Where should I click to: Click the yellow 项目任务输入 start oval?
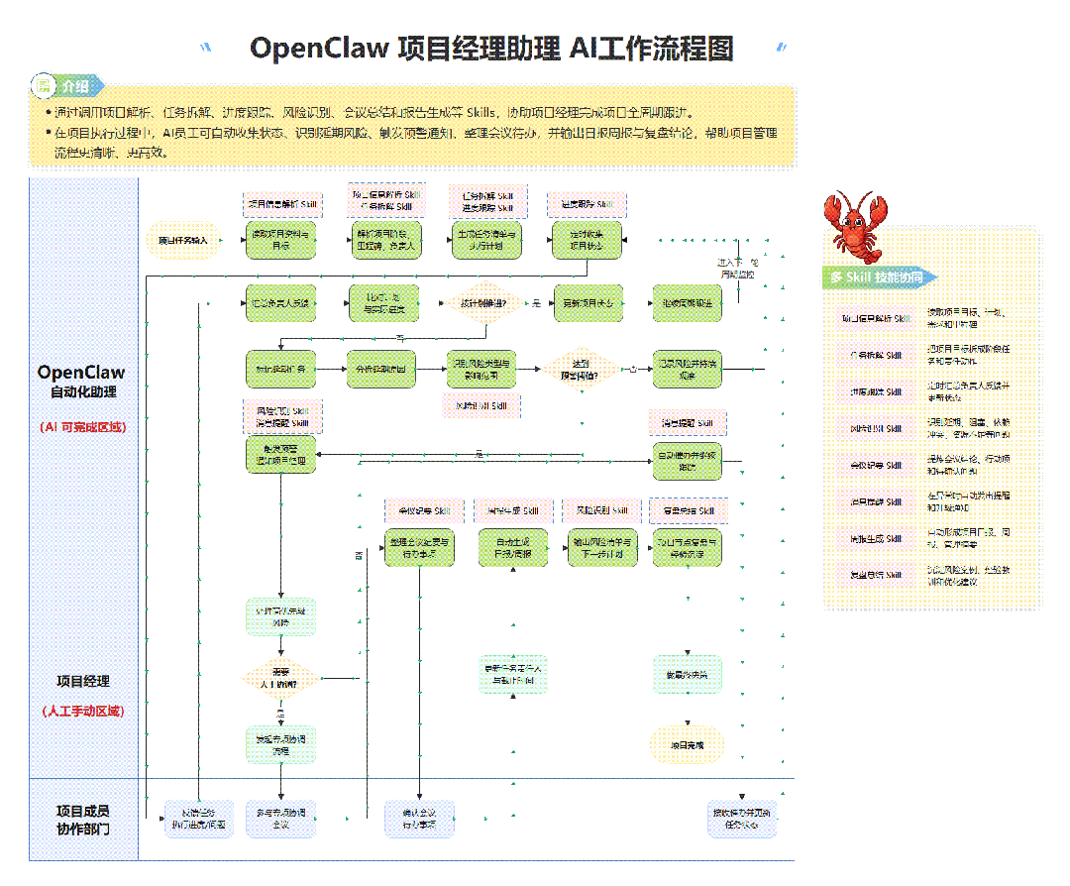coord(183,240)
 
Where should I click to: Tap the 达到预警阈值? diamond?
coord(581,368)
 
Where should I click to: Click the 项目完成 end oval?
coord(687,744)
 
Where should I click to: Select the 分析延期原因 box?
coord(381,368)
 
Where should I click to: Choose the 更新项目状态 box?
coord(588,303)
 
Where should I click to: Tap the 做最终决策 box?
coord(687,674)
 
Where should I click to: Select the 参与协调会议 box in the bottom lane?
coord(280,819)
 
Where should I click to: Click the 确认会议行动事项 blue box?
coord(419,819)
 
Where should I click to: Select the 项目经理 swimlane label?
coord(83,682)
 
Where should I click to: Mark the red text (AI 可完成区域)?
coord(83,427)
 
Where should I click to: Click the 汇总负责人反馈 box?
coord(280,303)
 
